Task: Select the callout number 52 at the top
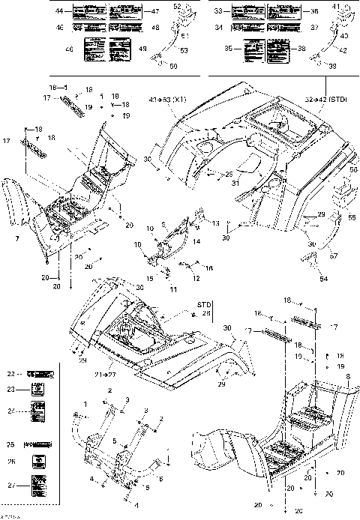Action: point(178,6)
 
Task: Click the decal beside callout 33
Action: point(246,13)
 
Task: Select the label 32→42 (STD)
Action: point(326,100)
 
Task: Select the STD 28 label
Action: point(184,309)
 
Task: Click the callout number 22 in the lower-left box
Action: point(10,372)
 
